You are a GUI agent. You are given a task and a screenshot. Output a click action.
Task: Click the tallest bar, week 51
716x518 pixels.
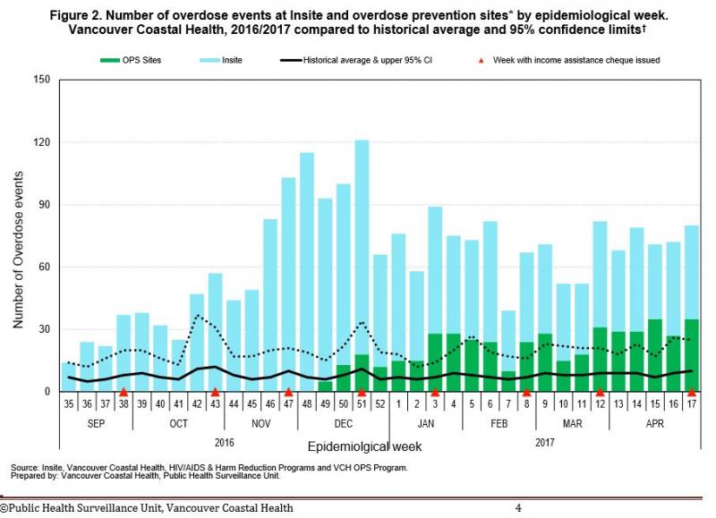click(x=362, y=251)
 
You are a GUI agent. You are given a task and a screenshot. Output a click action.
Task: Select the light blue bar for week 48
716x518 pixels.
click(x=307, y=268)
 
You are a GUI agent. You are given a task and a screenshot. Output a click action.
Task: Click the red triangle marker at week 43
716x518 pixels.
click(x=216, y=392)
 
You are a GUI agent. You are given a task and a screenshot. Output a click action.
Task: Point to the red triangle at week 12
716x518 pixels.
click(x=600, y=392)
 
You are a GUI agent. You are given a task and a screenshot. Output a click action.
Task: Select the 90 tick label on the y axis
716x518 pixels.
click(x=41, y=205)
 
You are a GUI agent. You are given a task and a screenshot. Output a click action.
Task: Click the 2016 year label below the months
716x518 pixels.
click(x=224, y=442)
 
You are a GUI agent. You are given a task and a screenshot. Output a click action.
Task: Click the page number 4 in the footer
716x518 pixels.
click(x=518, y=508)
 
